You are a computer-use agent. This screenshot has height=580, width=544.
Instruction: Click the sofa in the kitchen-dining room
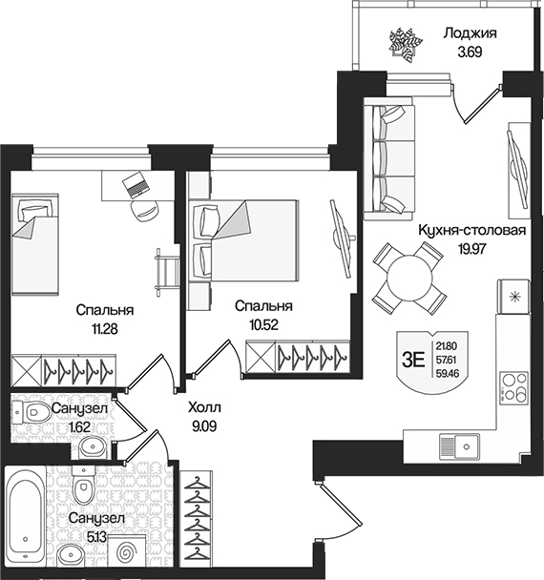tap(386, 156)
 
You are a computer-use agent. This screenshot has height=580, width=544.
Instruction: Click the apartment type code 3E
tap(413, 359)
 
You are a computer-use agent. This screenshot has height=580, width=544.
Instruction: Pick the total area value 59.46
tap(446, 374)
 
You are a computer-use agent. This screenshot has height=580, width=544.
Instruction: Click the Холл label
tap(201, 404)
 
